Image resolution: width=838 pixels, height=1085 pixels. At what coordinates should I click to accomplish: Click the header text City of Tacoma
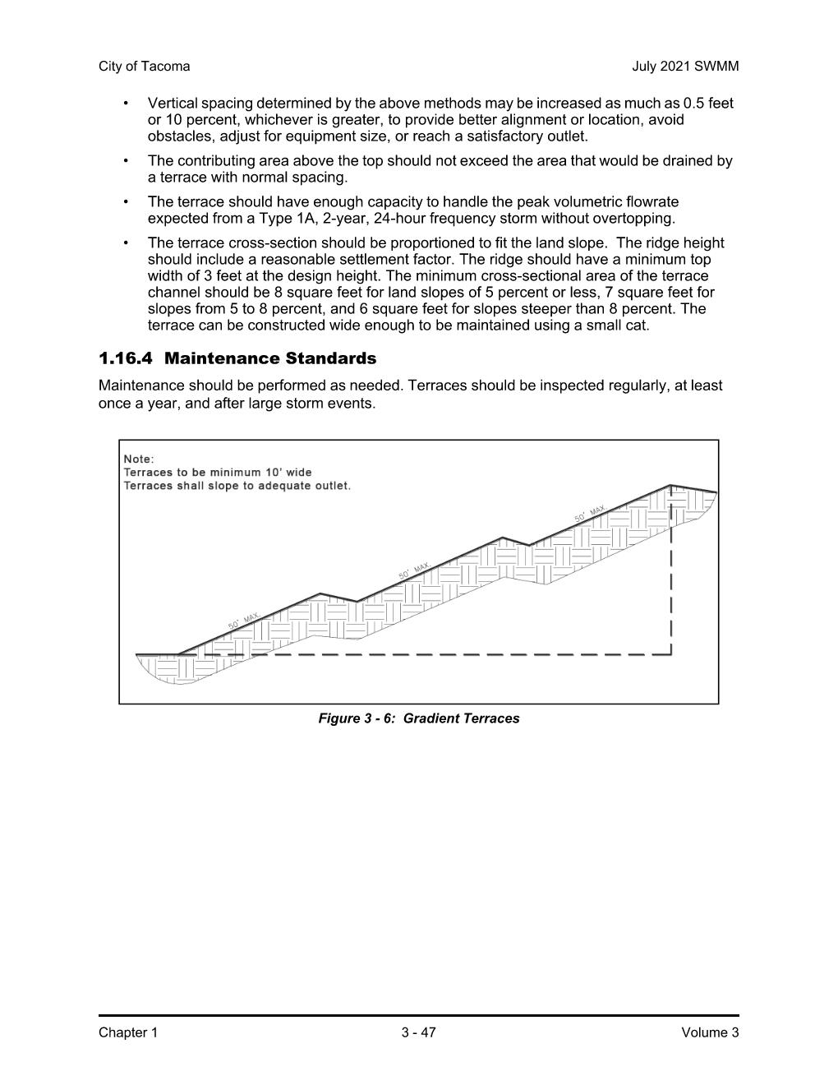(144, 67)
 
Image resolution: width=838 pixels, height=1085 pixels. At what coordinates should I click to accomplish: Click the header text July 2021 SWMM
(685, 67)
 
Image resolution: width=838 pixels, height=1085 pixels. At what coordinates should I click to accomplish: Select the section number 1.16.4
(126, 358)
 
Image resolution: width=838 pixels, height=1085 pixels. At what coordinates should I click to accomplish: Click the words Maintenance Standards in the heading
(270, 358)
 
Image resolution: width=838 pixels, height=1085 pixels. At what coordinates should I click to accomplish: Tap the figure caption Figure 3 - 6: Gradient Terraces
(419, 718)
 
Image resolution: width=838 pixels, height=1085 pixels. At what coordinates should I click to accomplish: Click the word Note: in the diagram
(139, 459)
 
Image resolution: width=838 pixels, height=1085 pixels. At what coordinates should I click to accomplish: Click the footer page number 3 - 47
(419, 1032)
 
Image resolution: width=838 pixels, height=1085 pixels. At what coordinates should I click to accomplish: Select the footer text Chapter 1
(127, 1032)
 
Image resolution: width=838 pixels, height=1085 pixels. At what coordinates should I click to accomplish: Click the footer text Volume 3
(710, 1032)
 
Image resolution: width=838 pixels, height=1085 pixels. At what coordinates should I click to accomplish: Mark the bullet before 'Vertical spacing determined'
(126, 104)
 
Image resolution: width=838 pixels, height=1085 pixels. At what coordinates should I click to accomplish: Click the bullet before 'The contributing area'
(126, 161)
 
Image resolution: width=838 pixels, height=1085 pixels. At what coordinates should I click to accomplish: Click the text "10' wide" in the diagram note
(288, 473)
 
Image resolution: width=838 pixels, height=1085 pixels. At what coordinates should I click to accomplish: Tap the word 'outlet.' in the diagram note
(332, 486)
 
